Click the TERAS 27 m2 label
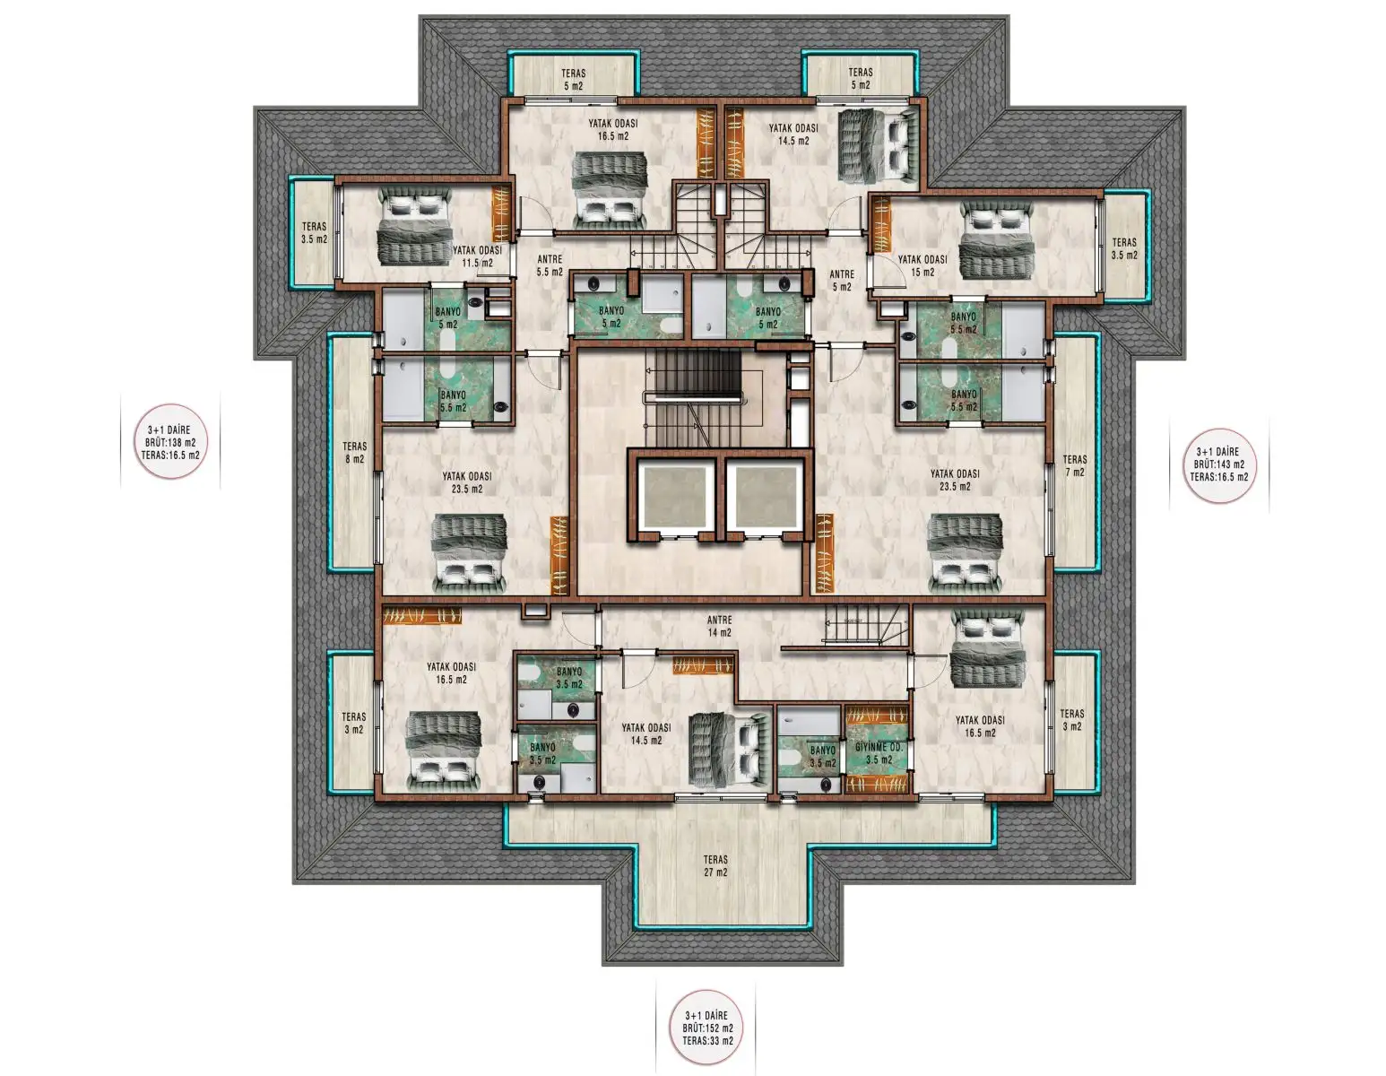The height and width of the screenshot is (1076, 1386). click(715, 865)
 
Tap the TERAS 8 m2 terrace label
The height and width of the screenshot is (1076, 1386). click(354, 452)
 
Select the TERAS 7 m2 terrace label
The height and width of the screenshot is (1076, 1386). click(1074, 465)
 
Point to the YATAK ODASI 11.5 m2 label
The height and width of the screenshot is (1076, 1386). click(477, 256)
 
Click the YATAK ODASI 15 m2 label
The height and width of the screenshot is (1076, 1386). click(923, 265)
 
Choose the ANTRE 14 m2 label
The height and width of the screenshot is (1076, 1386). click(719, 626)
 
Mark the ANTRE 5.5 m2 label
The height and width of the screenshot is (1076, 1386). click(550, 265)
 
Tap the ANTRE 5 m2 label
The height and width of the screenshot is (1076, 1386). click(841, 281)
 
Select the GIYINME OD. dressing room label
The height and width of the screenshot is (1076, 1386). click(879, 753)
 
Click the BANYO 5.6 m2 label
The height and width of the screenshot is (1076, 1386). click(453, 401)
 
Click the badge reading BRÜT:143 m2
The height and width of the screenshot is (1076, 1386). click(1218, 464)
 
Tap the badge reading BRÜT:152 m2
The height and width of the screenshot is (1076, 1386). click(707, 1028)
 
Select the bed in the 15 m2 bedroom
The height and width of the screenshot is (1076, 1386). click(996, 240)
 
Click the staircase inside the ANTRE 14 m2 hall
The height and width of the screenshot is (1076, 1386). click(862, 625)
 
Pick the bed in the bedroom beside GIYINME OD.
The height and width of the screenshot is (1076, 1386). click(986, 650)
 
